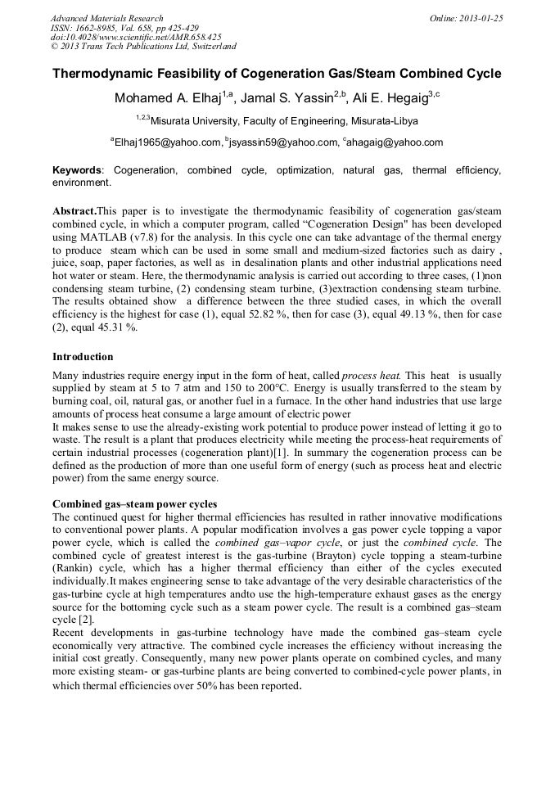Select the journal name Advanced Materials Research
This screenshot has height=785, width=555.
pos(107,18)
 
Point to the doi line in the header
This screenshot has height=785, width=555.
pos(136,37)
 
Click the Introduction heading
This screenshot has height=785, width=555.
pos(83,357)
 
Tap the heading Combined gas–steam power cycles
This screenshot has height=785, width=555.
pos(135,503)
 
